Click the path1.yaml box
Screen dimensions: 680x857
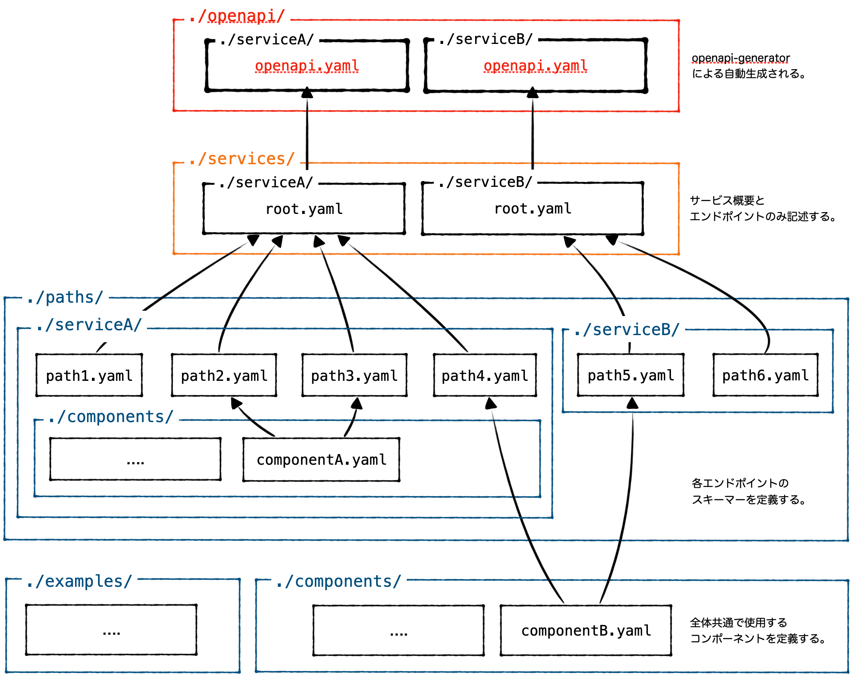click(x=89, y=376)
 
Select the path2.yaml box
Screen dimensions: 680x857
click(x=224, y=376)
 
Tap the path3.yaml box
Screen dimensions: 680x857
click(x=354, y=376)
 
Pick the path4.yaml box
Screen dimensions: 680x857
click(x=484, y=376)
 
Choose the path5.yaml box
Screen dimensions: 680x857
click(x=631, y=376)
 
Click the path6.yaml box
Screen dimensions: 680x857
click(x=765, y=376)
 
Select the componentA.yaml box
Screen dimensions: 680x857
click(x=321, y=460)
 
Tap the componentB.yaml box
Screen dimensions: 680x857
click(x=586, y=630)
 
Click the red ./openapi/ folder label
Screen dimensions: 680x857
click(x=237, y=16)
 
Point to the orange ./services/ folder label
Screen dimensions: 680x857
click(x=242, y=159)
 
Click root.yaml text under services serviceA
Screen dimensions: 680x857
click(x=304, y=209)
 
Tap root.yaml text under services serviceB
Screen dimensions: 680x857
click(x=533, y=209)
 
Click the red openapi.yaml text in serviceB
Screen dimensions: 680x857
click(x=536, y=66)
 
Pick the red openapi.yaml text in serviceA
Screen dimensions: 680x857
click(x=307, y=66)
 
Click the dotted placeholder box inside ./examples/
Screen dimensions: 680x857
click(x=111, y=630)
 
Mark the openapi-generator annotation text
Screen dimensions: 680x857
click(x=741, y=59)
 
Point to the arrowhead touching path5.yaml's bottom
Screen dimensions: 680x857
click(x=632, y=403)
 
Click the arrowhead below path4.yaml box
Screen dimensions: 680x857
click(x=491, y=403)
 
